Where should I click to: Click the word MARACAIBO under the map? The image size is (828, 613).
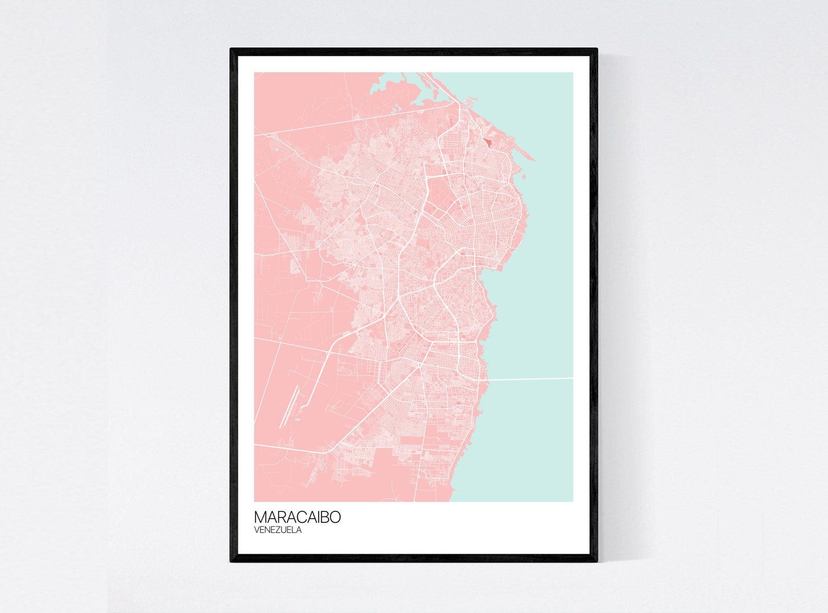297,517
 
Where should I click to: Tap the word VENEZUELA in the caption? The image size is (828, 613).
278,530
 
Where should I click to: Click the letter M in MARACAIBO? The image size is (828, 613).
260,517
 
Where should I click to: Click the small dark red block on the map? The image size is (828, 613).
488,141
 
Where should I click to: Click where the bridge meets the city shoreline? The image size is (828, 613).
487,380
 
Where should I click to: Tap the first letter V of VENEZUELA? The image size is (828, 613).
257,530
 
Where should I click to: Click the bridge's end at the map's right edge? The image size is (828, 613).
572,378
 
